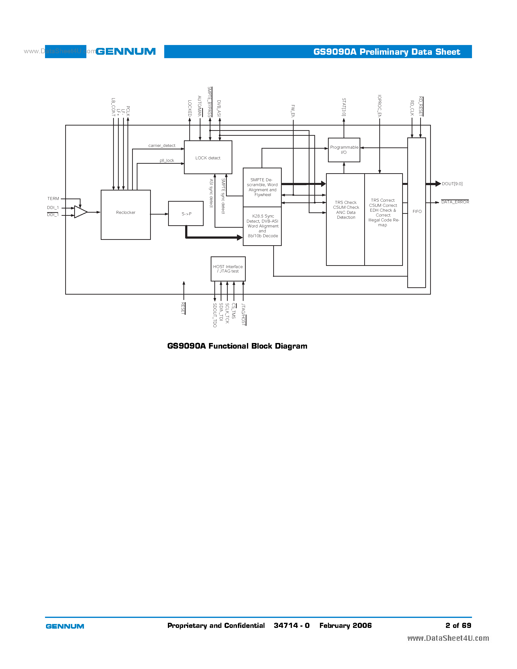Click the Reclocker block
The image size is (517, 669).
tap(126, 214)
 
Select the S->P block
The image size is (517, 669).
tap(186, 214)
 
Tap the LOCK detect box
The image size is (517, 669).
tap(208, 157)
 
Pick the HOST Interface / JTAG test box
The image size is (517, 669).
tap(228, 269)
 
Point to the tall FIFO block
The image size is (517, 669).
tap(416, 212)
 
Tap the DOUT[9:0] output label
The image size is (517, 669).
tap(452, 184)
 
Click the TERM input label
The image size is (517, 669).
tap(53, 199)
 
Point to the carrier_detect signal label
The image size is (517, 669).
tap(162, 145)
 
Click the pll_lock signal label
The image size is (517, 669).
tap(167, 160)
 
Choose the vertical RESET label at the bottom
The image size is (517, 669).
tap(183, 308)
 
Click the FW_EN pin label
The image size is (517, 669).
tap(293, 111)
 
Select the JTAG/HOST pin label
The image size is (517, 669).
tap(243, 314)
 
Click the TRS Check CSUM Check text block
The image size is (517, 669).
tap(346, 210)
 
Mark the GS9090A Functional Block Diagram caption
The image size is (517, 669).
tap(237, 346)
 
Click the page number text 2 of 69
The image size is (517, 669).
tap(458, 625)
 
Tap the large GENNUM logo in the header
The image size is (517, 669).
tap(126, 52)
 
